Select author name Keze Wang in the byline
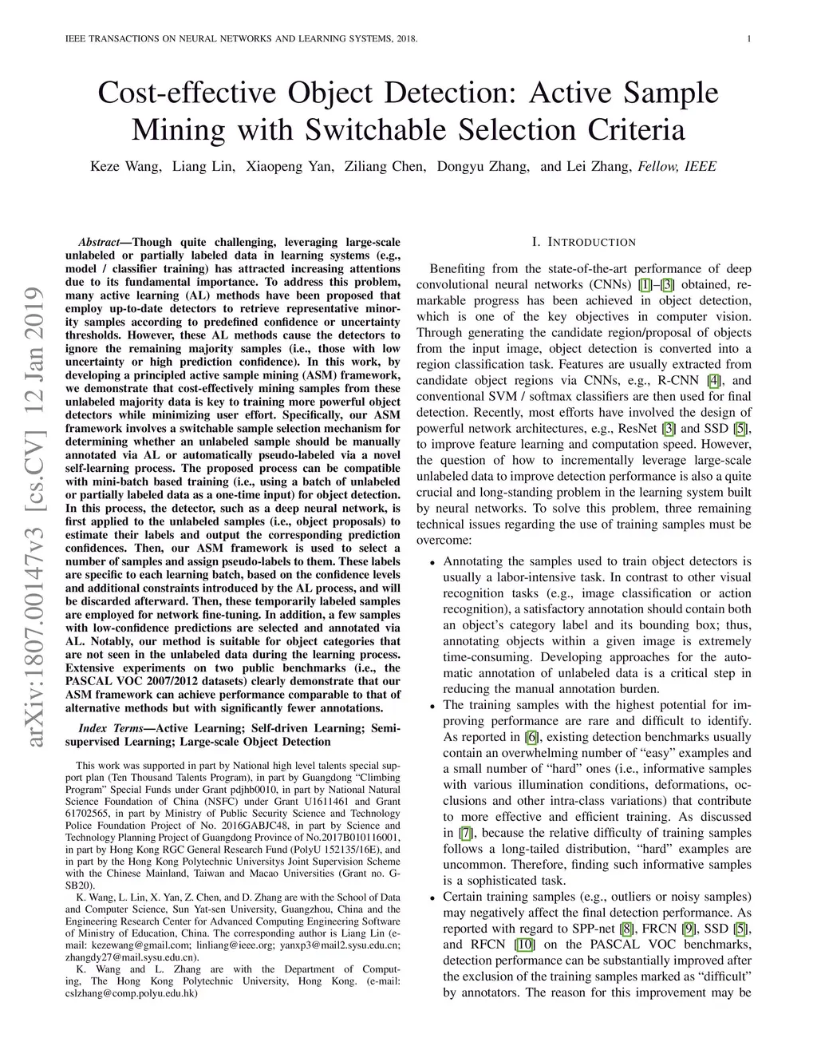tap(126, 167)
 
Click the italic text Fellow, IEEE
tap(677, 167)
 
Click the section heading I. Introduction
tap(583, 242)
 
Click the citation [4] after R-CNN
tap(713, 380)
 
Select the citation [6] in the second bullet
tap(531, 737)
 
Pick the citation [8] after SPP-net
tap(627, 929)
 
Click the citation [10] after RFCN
tap(524, 945)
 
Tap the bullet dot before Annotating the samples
tap(432, 562)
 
